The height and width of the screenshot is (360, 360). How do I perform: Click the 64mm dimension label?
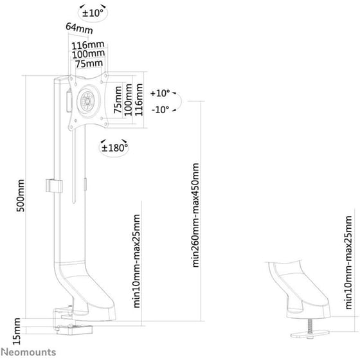(79, 28)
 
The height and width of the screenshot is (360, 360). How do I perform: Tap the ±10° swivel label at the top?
(93, 13)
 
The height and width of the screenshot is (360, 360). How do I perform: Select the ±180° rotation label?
(114, 148)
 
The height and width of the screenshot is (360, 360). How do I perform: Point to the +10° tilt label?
(160, 93)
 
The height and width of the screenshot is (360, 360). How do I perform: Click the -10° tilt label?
(160, 109)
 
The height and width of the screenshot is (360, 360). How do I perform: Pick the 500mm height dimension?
(20, 195)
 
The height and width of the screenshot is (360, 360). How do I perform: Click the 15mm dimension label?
(17, 331)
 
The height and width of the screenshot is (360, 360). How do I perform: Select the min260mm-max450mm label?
(195, 215)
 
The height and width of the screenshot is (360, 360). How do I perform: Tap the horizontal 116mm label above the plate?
(88, 45)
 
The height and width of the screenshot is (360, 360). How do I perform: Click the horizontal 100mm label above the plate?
(89, 54)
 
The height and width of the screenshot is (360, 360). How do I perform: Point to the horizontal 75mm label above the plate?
(89, 64)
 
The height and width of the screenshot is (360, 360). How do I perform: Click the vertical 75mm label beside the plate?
(118, 100)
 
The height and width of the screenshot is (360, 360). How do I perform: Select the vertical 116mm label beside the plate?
(139, 100)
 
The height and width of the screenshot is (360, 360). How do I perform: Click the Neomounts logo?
(28, 352)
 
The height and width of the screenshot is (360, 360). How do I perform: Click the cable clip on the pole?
(54, 186)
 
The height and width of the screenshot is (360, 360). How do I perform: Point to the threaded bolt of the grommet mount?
(310, 325)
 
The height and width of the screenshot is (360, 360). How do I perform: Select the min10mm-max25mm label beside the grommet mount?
(348, 262)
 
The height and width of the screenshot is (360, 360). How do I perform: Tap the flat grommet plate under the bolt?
(310, 334)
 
